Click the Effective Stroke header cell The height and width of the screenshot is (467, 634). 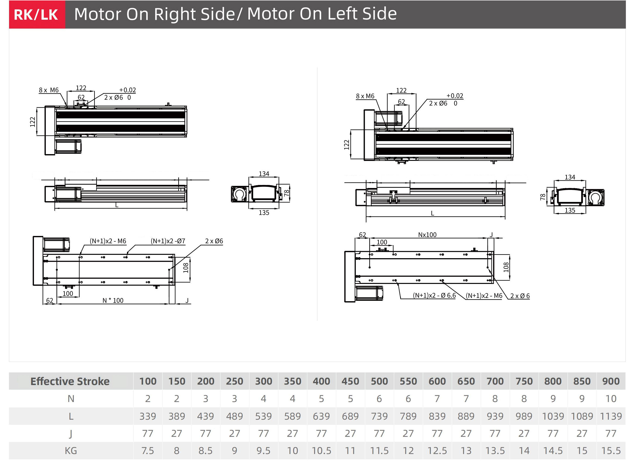coord(70,381)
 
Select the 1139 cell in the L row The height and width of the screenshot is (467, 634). coord(611,416)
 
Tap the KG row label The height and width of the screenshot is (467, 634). coord(71,451)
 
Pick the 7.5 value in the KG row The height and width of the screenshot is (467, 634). coord(148,451)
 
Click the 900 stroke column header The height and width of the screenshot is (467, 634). coord(611,381)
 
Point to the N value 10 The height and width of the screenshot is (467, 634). coord(611,399)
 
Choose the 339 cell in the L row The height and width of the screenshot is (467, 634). coord(148,416)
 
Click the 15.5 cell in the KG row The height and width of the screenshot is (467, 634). coord(611,451)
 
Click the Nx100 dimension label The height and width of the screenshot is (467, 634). coord(427,235)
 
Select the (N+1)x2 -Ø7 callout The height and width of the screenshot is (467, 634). coord(168,241)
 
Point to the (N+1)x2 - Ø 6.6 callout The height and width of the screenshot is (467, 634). coord(434,295)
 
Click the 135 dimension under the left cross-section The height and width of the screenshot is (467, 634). coord(264,213)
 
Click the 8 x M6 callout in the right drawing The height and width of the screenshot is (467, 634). coord(365,96)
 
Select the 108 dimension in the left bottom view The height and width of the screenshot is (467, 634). coord(186,268)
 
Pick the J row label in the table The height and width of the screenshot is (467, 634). coord(71,433)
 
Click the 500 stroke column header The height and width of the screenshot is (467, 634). coord(379,381)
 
